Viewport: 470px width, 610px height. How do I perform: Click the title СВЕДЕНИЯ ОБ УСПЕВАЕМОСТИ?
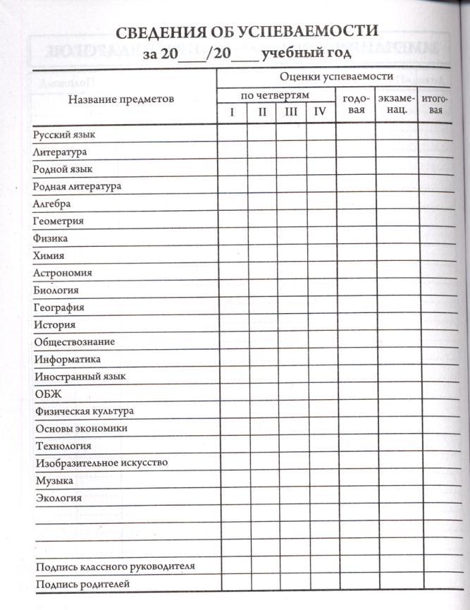[247, 32]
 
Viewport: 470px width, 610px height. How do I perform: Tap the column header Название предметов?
[120, 99]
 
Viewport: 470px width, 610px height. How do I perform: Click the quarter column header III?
[290, 111]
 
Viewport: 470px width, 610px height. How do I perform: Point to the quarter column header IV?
[321, 111]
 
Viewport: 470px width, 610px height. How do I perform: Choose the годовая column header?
[354, 104]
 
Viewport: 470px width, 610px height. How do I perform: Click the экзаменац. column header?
[396, 104]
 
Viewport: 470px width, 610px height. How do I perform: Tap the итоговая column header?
[436, 104]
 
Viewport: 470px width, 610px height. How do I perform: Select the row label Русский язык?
[64, 134]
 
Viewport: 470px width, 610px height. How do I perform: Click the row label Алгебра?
[51, 204]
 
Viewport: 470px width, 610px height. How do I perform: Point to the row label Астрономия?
[62, 273]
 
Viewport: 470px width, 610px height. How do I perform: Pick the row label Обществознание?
[74, 342]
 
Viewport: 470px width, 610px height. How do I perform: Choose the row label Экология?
[58, 498]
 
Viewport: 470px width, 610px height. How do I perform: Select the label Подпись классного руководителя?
[114, 566]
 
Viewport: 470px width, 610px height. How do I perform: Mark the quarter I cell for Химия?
[231, 255]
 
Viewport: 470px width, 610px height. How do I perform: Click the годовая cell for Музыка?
[354, 480]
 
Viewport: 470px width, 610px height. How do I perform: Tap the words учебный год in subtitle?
[302, 53]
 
